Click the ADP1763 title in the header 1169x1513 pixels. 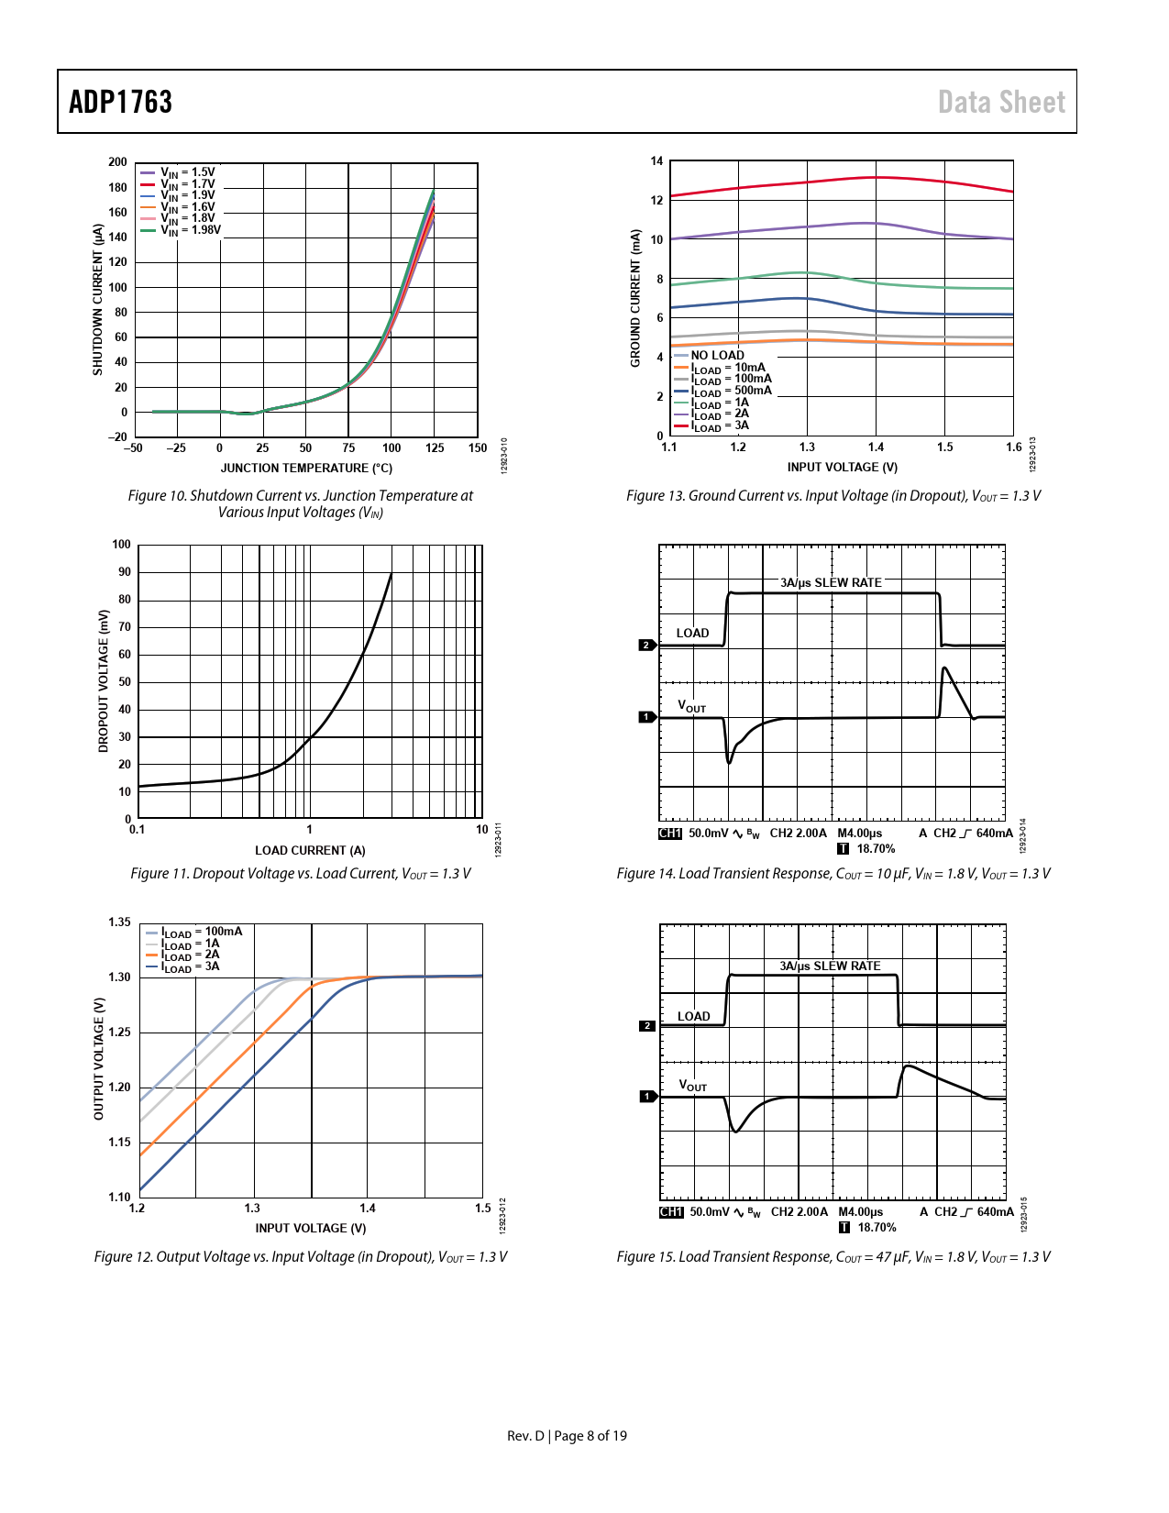point(121,102)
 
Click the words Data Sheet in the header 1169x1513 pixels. point(1001,102)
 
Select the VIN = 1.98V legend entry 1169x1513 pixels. point(190,230)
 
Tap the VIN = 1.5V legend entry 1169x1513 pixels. point(187,172)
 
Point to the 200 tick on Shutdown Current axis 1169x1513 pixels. point(117,162)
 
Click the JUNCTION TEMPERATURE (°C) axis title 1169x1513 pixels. point(306,469)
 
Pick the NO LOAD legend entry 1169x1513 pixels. point(717,356)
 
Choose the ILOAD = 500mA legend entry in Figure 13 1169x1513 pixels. point(732,391)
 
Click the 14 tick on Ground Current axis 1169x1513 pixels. point(656,161)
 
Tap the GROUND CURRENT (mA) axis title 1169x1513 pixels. point(635,298)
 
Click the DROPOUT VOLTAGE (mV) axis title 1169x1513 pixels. point(104,681)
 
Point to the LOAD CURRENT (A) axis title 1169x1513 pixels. point(310,851)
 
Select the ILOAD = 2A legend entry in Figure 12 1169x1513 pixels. point(191,955)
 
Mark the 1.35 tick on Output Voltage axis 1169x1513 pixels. point(120,922)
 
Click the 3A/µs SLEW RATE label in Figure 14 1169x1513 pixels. point(831,583)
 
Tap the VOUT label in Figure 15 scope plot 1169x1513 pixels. point(692,1086)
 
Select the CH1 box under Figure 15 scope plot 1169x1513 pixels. point(671,1212)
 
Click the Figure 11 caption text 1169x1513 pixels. point(301,874)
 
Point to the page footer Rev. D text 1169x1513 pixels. point(525,1436)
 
